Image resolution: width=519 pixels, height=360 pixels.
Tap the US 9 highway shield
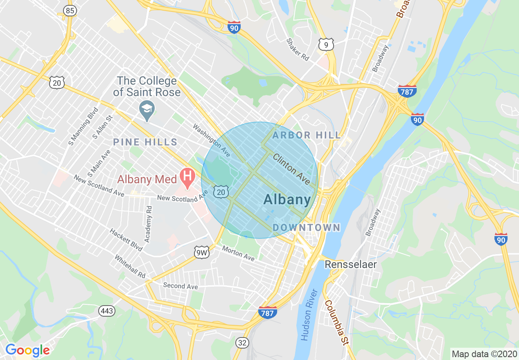(x=326, y=45)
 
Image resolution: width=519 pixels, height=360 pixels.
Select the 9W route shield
(x=202, y=253)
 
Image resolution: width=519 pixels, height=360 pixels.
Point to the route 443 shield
(x=107, y=311)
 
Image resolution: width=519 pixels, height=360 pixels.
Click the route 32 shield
(x=242, y=342)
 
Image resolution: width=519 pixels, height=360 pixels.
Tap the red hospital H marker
(x=187, y=178)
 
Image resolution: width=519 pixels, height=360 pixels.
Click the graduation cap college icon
(x=147, y=109)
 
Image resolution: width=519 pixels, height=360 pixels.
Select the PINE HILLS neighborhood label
(x=145, y=142)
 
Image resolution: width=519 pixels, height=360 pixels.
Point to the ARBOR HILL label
(x=306, y=135)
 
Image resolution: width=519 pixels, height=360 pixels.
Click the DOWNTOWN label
(x=306, y=227)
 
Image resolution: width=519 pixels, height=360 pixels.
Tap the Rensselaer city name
(x=351, y=264)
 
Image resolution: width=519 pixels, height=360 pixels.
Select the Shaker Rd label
(x=298, y=50)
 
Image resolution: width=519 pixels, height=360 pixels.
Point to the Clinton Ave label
(x=291, y=168)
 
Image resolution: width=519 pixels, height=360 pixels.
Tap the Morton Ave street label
(x=238, y=253)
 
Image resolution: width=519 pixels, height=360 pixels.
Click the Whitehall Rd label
(x=130, y=267)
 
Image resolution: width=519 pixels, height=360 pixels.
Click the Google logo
(x=27, y=350)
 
